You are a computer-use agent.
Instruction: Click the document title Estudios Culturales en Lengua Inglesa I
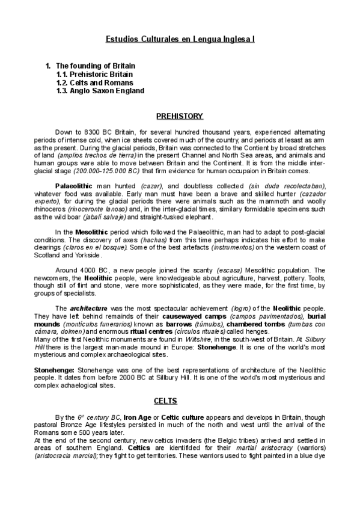[180, 38]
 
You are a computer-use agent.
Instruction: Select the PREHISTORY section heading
[180, 116]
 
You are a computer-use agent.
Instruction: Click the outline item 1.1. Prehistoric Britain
[94, 74]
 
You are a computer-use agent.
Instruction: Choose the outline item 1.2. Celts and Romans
[94, 82]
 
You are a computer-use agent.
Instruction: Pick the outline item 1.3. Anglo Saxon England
[100, 91]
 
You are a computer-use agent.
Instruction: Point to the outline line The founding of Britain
[95, 66]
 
